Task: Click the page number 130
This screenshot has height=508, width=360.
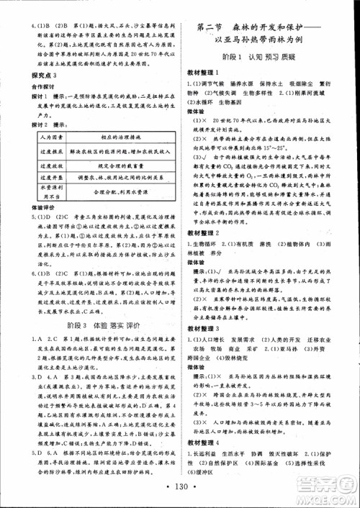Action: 179,487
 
